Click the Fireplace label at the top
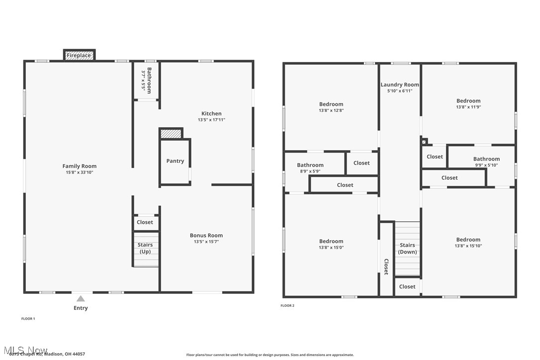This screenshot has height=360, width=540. click(79, 55)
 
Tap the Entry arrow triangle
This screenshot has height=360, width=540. click(81, 298)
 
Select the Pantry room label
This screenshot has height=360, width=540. click(175, 161)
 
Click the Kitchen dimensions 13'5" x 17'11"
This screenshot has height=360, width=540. click(211, 120)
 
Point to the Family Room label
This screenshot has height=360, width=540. click(80, 166)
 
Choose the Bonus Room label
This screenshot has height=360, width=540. click(206, 235)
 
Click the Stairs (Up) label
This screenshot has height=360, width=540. click(145, 248)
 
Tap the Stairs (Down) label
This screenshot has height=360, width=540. click(407, 248)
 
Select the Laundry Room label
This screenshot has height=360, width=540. click(400, 85)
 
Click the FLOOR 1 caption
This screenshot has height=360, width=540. click(28, 318)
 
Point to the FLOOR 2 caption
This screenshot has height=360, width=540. click(287, 305)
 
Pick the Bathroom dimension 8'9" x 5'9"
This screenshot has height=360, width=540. click(310, 171)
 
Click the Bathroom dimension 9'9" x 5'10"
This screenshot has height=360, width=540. click(486, 165)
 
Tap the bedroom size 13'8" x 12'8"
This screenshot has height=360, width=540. click(331, 110)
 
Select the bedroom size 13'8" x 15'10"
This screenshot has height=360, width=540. click(468, 246)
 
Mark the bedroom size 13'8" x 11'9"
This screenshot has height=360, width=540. click(468, 107)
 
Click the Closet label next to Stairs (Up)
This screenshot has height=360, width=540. click(145, 222)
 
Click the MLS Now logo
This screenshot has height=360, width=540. click(24, 350)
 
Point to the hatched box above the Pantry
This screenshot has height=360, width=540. click(171, 134)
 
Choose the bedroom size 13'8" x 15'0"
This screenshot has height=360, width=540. click(331, 248)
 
